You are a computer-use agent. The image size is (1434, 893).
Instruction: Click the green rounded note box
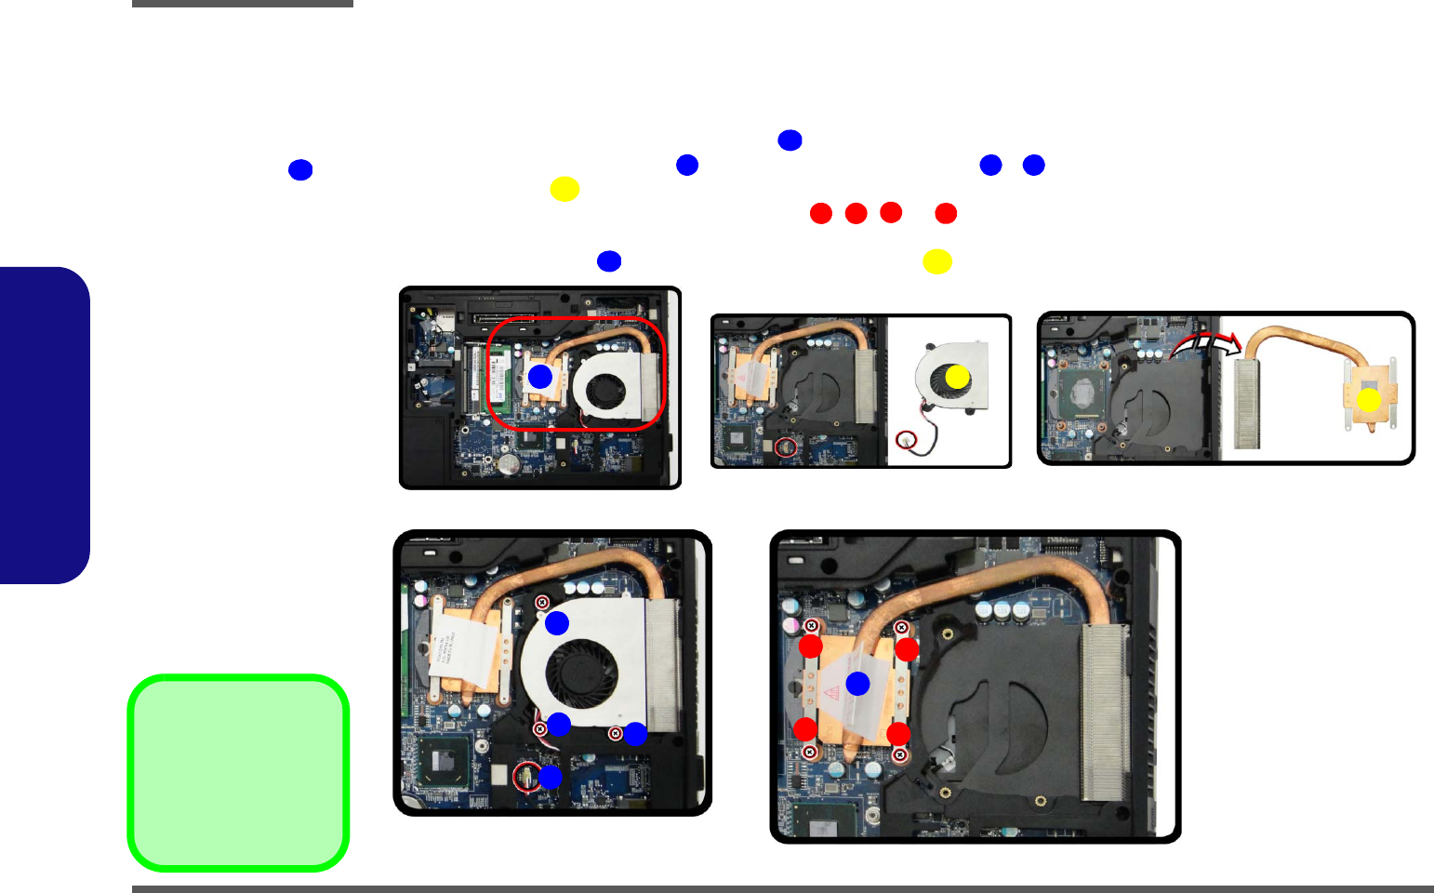click(238, 773)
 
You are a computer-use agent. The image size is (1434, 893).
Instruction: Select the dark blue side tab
click(44, 425)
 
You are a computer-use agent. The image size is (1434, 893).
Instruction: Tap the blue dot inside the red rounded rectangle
click(540, 377)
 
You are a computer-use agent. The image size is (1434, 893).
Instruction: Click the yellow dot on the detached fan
click(957, 377)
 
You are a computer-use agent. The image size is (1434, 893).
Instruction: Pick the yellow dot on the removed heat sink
click(1369, 400)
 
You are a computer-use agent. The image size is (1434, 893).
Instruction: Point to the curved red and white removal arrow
click(1206, 345)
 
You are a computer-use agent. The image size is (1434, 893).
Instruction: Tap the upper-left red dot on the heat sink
click(811, 646)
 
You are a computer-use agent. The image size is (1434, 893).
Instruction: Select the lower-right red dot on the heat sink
click(898, 735)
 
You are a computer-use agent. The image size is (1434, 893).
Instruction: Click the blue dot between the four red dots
click(857, 684)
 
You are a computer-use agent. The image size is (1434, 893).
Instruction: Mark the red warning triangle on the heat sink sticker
click(831, 691)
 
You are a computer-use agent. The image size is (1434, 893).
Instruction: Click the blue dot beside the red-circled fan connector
click(551, 777)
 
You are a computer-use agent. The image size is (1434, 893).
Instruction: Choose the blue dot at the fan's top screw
click(557, 623)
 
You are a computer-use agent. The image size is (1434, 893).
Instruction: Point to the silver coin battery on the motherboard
click(508, 462)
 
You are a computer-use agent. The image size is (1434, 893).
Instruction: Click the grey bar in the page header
click(242, 4)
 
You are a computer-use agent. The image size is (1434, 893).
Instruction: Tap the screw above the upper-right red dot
click(901, 628)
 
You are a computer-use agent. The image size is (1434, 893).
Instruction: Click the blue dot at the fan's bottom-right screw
click(635, 734)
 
